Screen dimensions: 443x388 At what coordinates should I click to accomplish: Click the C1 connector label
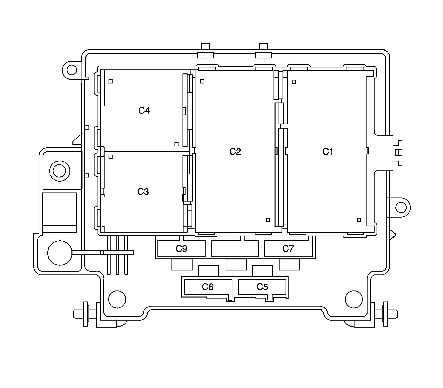click(x=328, y=152)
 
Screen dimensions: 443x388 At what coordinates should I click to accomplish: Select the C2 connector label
click(x=235, y=151)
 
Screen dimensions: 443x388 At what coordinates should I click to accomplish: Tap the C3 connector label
click(x=143, y=192)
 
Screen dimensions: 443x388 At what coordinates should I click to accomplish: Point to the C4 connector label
click(x=144, y=110)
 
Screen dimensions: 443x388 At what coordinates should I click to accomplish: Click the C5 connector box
click(x=262, y=287)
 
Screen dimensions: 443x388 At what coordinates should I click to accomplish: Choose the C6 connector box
click(x=208, y=287)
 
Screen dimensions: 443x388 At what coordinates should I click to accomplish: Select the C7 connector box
click(x=288, y=249)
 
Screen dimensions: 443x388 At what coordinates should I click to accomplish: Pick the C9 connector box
click(x=182, y=249)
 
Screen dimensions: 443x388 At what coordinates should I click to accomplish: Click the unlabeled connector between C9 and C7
click(x=235, y=249)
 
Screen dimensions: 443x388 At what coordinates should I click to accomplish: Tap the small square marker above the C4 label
click(x=111, y=81)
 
